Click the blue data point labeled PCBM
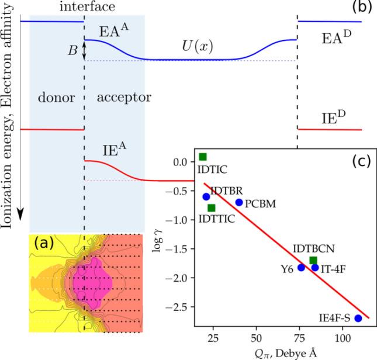239,202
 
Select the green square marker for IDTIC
203,157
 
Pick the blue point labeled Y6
302,267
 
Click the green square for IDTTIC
212,208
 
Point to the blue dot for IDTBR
206,197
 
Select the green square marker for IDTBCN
313,261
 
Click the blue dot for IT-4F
315,268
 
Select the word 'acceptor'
116,98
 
